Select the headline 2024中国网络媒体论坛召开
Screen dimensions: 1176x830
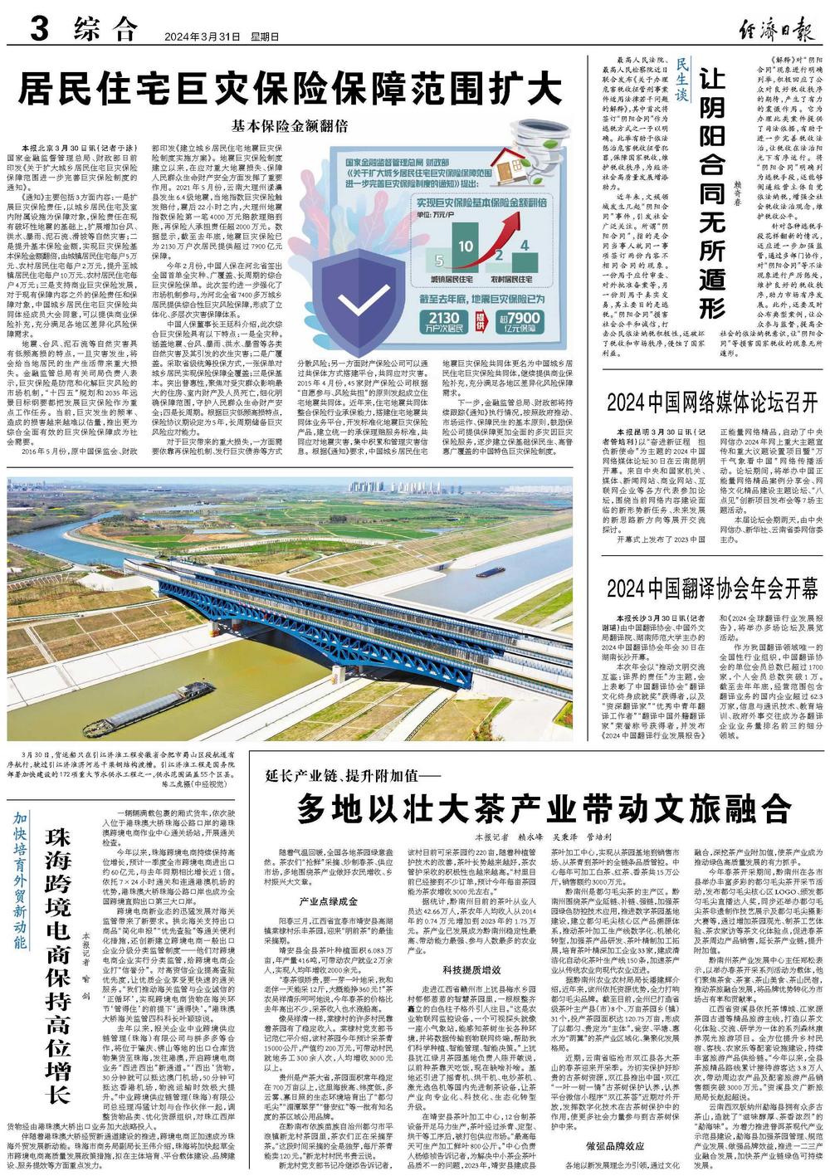coord(712,403)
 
